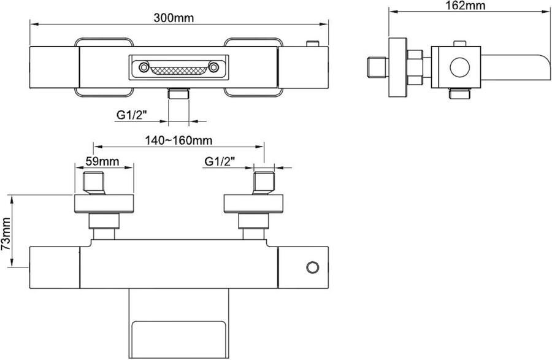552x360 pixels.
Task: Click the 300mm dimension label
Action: [x=174, y=18]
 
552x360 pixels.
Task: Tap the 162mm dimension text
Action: [x=466, y=6]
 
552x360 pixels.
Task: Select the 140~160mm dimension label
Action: [x=179, y=140]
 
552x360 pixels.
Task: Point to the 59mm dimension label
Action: [x=102, y=161]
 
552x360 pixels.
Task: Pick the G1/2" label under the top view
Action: [x=131, y=115]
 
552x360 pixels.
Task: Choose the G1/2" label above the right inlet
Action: [x=220, y=161]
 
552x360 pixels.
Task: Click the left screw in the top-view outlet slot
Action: [x=144, y=67]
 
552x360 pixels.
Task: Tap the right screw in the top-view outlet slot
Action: [x=213, y=67]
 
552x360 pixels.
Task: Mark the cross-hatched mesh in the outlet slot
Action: [x=178, y=71]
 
